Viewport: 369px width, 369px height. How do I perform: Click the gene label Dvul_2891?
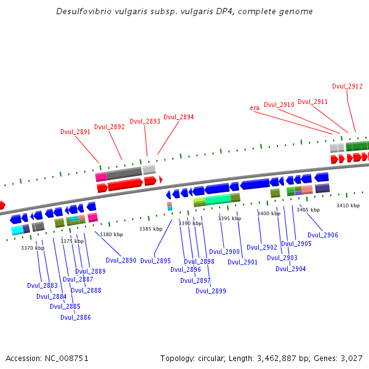(x=75, y=132)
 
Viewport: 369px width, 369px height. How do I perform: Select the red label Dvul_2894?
(x=178, y=117)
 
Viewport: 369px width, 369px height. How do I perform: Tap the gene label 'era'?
(x=255, y=108)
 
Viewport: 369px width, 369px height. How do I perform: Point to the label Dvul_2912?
(x=347, y=87)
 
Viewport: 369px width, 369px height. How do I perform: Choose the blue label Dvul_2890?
(x=121, y=261)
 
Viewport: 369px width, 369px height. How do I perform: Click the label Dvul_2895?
(x=156, y=261)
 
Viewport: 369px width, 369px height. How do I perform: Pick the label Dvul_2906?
(x=323, y=235)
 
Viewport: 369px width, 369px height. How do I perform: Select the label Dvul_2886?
(x=76, y=317)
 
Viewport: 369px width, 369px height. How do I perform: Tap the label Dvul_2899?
(x=211, y=291)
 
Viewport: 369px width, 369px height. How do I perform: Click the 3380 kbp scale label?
(x=111, y=234)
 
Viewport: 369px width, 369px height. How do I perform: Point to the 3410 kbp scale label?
(x=348, y=205)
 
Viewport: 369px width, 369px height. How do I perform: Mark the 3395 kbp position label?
(x=229, y=218)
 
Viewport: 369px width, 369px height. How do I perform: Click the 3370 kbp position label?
(x=33, y=248)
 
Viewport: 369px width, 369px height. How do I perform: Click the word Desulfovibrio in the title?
(x=84, y=11)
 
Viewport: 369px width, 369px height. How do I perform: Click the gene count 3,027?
(x=351, y=358)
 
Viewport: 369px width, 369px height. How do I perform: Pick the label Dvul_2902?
(x=262, y=247)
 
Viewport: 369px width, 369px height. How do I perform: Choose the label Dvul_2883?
(x=42, y=285)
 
